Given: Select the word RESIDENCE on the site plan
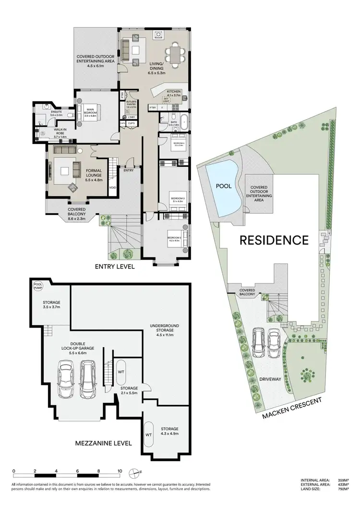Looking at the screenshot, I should click(x=274, y=239).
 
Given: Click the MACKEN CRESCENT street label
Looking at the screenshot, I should click(x=292, y=408).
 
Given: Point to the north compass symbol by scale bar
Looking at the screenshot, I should click(x=137, y=471).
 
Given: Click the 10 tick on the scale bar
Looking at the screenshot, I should click(x=120, y=471).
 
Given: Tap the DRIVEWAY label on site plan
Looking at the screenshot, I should click(x=270, y=379).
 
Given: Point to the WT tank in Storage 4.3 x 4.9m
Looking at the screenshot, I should click(x=149, y=434).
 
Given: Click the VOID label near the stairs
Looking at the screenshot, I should click(x=112, y=188).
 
